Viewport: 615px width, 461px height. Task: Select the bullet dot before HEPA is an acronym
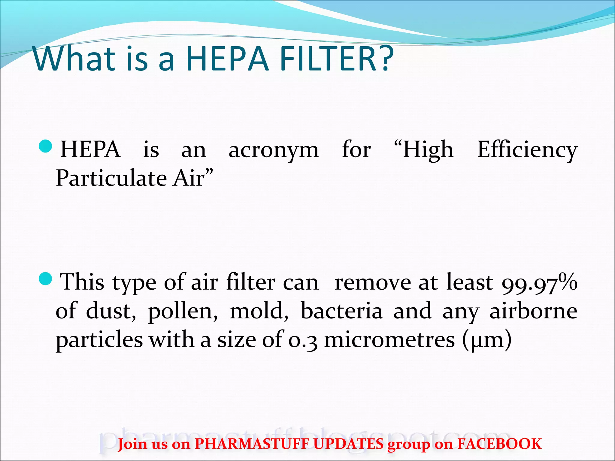46,146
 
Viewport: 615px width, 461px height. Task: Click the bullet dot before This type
46,279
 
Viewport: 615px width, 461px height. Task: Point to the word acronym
274,150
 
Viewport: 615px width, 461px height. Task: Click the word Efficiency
527,150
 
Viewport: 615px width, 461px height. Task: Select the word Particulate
111,178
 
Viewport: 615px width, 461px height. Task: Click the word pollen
183,312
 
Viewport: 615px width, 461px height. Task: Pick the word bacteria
342,311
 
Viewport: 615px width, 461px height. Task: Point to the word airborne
533,311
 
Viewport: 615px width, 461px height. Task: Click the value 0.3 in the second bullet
303,340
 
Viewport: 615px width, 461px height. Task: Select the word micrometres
389,340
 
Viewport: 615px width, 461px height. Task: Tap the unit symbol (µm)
487,340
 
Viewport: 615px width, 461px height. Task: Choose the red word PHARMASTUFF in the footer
252,444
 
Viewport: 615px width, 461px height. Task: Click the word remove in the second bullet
373,283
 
